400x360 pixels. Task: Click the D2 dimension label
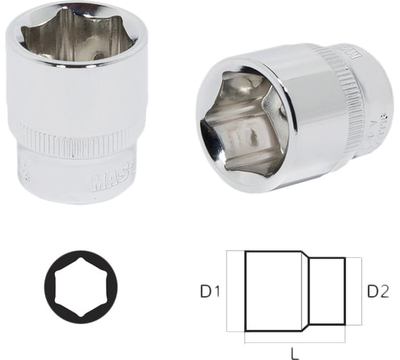pyautogui.click(x=377, y=291)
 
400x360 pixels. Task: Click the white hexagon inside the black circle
pyautogui.click(x=80, y=286)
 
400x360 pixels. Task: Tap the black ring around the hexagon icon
pyautogui.click(x=54, y=286)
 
